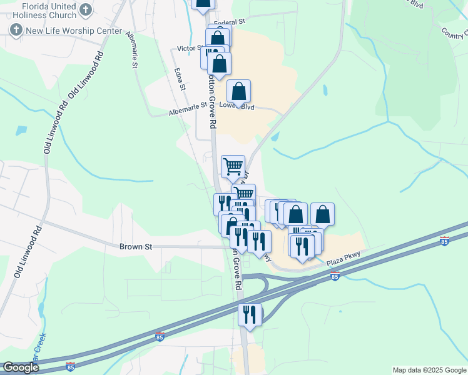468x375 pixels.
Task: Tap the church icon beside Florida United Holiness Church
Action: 86,9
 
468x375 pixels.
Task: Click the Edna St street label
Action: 180,79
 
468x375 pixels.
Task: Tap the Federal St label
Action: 229,22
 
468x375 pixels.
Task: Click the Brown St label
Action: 136,246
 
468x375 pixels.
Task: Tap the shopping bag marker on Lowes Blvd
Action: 239,91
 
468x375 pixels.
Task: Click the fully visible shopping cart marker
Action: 233,166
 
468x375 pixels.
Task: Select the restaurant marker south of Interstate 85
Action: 250,314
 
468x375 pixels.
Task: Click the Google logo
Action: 20,367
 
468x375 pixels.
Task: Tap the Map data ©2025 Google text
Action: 429,370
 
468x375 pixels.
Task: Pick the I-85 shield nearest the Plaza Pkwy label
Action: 335,276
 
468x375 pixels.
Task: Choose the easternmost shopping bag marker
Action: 322,214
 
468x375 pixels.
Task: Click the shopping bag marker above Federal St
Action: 203,3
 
